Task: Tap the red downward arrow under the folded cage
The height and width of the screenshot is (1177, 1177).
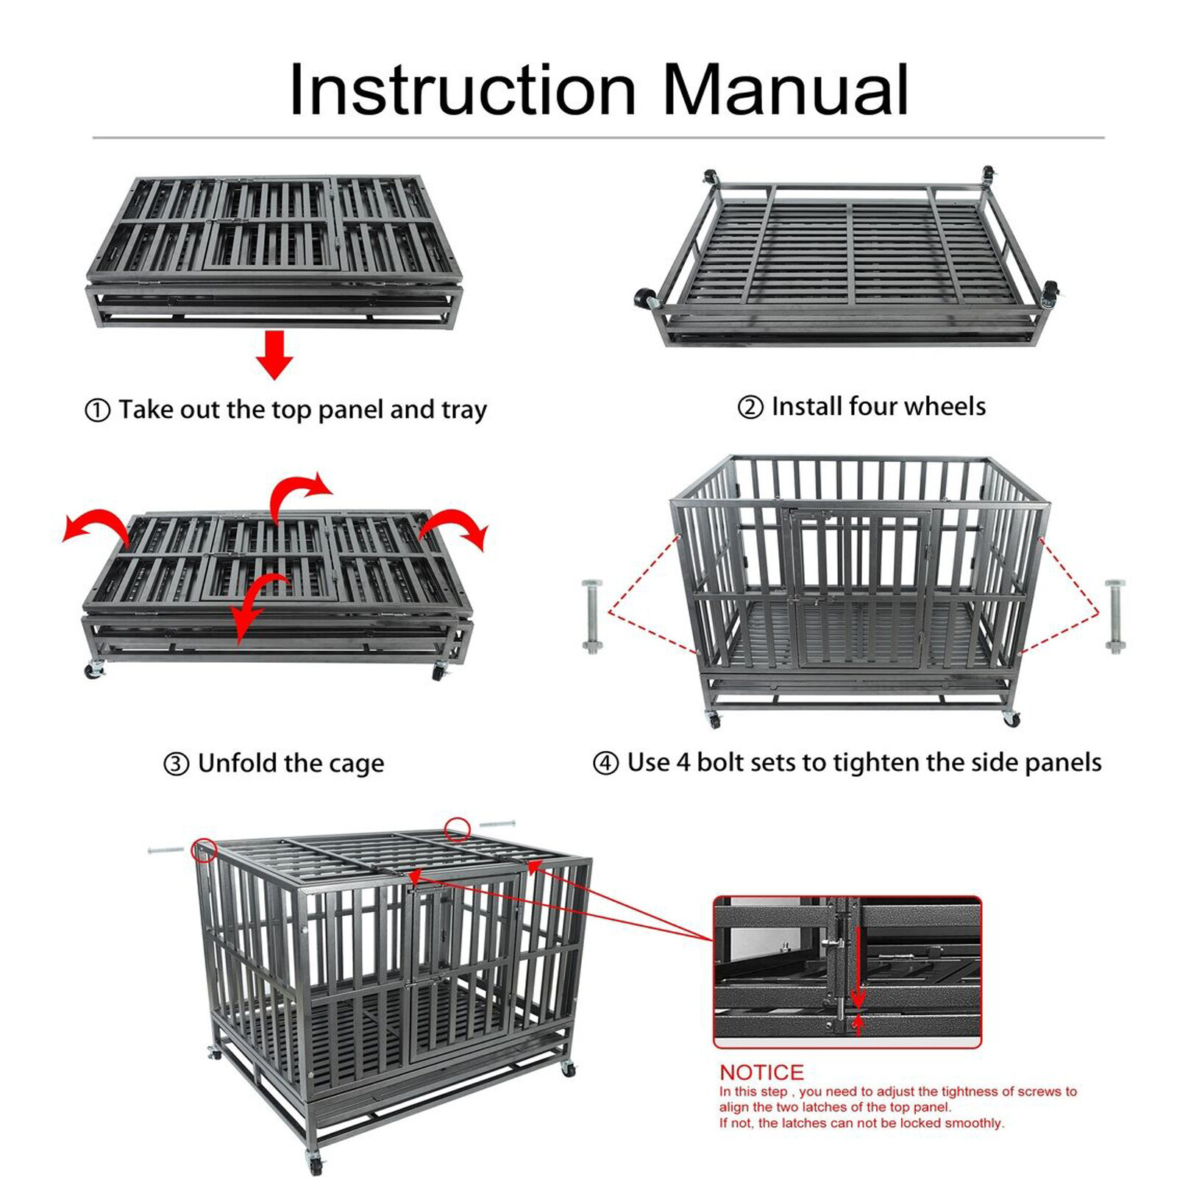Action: tap(274, 354)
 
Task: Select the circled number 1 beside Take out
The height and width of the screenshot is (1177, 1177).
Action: tap(98, 410)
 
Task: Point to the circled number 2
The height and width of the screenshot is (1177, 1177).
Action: tap(750, 407)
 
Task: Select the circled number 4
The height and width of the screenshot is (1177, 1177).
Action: tap(605, 763)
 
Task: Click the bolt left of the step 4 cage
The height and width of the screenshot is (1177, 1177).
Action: tap(592, 616)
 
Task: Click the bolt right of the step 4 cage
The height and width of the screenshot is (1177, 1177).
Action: tap(1115, 616)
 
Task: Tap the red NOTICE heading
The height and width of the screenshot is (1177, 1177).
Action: tap(761, 1072)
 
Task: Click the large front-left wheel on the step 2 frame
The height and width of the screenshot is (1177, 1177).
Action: tap(645, 299)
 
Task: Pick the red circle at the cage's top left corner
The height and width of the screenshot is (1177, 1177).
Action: tap(204, 850)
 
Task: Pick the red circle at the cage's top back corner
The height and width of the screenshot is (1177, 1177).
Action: tap(457, 829)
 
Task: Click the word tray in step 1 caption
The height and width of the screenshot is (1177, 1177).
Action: tap(463, 410)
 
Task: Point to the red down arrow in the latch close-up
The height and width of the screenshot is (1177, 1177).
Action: tap(857, 996)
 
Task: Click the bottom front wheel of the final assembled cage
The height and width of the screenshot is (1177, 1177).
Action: tap(316, 1165)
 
